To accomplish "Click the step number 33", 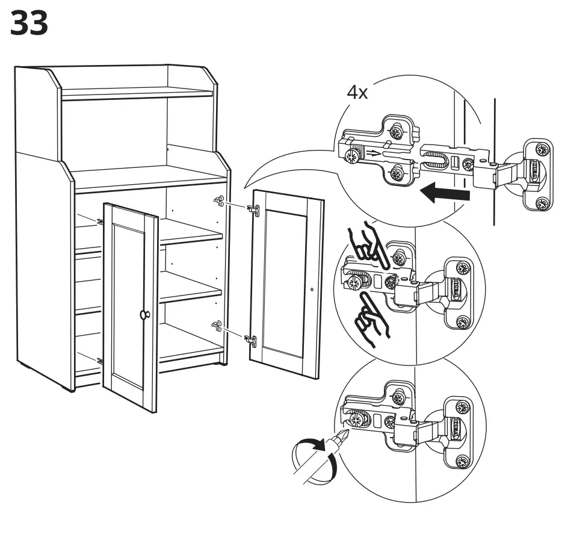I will coord(29,23).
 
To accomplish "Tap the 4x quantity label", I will coord(357,93).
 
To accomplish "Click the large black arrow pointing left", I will coord(445,194).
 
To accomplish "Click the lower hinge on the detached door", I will coord(252,340).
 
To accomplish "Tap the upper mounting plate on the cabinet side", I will coord(219,201).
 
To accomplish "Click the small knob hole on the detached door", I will coord(312,290).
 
